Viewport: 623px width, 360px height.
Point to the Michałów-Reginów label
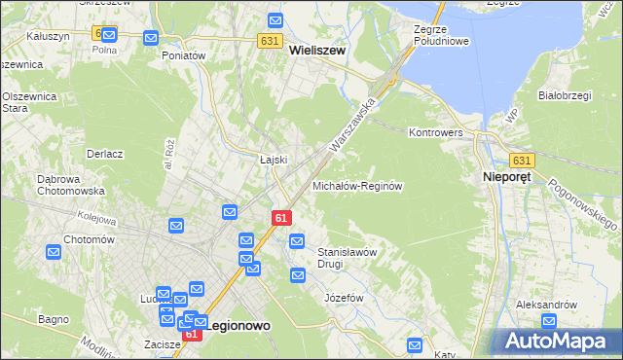(357, 185)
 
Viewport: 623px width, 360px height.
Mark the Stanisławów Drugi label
(347, 257)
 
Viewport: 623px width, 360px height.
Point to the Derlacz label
(104, 154)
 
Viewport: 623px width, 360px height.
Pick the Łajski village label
(273, 160)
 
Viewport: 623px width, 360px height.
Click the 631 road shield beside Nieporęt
(523, 161)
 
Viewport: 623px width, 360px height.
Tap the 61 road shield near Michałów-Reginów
(280, 218)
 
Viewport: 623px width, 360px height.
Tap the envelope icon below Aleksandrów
(549, 321)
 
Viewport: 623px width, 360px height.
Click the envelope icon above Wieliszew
(275, 20)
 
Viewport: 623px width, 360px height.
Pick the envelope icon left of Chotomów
(54, 252)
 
